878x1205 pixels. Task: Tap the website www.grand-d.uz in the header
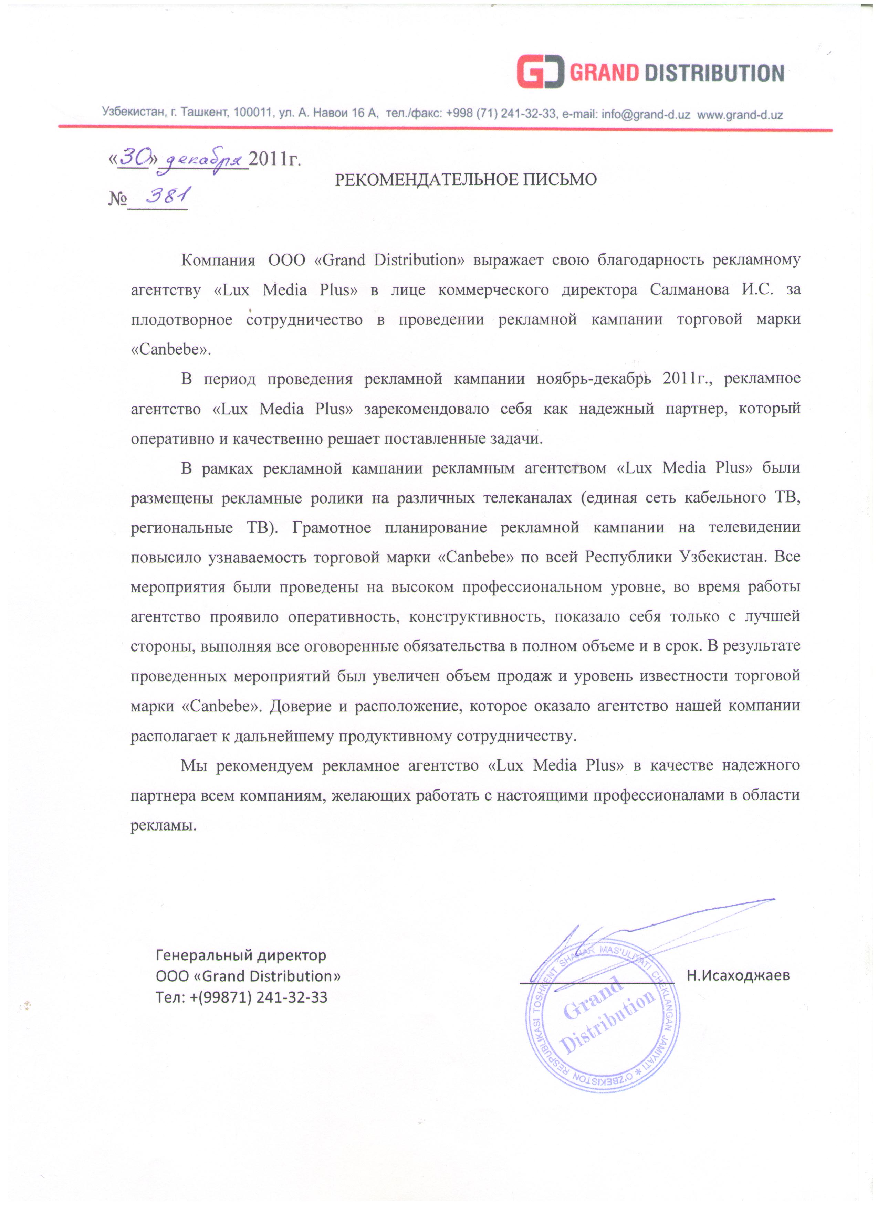coord(740,114)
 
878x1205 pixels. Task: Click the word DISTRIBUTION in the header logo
coord(714,73)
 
